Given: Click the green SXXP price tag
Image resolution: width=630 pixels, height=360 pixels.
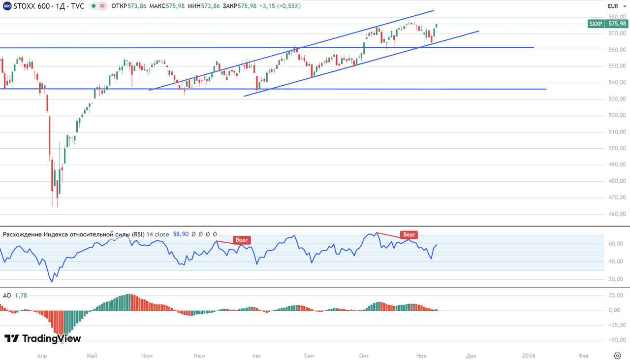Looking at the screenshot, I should [607, 24].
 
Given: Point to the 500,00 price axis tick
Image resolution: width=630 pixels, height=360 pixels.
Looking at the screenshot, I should [617, 148].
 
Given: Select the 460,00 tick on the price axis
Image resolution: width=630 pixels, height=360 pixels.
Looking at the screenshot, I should [617, 214].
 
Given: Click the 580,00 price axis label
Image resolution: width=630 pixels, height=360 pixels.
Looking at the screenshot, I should [617, 17].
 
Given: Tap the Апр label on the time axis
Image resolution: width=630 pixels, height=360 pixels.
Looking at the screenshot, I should [42, 356].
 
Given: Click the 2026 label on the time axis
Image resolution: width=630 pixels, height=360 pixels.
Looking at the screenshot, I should [529, 356].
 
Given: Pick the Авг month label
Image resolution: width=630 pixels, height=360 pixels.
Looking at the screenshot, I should [256, 356].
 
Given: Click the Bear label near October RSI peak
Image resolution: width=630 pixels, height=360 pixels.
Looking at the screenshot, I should [409, 235].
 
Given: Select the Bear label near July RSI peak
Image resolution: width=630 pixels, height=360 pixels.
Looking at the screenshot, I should [242, 240].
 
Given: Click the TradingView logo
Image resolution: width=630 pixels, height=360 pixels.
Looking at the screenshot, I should [42, 338].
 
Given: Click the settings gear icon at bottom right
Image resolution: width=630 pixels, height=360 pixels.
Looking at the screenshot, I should [618, 356].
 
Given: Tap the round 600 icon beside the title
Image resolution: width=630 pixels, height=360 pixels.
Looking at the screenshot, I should [7, 6].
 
